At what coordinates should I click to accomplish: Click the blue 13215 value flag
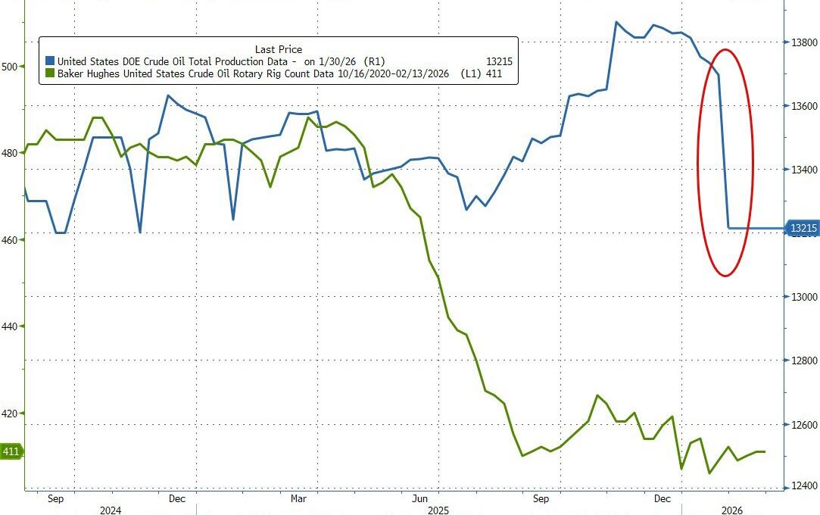click(803, 228)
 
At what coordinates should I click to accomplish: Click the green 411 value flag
click(11, 452)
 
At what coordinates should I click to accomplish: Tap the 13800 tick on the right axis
click(803, 42)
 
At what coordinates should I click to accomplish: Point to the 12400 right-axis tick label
click(803, 486)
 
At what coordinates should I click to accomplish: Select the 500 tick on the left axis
click(9, 67)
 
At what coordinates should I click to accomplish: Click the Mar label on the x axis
click(298, 499)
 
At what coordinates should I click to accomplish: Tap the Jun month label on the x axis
click(419, 499)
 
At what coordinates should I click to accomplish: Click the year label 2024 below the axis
click(111, 510)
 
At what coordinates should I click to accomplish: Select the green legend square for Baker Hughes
click(50, 74)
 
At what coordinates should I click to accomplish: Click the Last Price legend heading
click(278, 49)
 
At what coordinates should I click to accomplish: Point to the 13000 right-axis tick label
click(803, 297)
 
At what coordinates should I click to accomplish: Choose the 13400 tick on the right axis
click(803, 170)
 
